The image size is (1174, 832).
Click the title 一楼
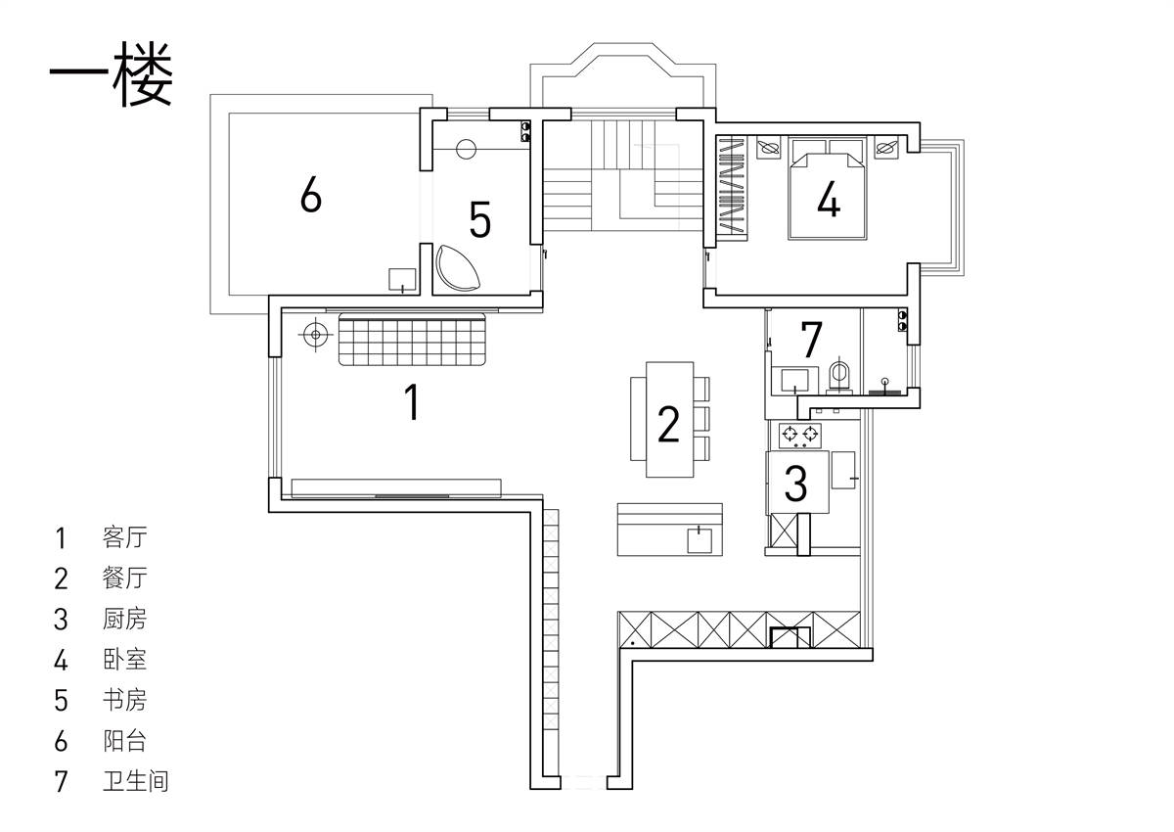pos(112,74)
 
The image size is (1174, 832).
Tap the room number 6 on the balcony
pos(311,194)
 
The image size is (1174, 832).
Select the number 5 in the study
pos(479,219)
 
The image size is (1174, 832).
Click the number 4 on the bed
pos(829,199)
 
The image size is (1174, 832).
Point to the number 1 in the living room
pos(413,401)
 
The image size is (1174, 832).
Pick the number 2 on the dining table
pos(668,424)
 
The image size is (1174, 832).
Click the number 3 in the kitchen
pos(795,483)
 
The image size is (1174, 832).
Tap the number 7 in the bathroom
pos(811,340)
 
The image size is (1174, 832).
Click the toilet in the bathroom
pos(839,374)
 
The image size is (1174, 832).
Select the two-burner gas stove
pos(800,436)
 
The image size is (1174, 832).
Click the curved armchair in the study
pos(457,267)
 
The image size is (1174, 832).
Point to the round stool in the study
pos(466,149)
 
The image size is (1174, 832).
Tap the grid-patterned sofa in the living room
pos(412,339)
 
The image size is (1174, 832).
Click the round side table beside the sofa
pos(315,334)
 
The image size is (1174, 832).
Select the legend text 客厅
pos(125,536)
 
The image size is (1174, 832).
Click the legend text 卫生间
pos(136,781)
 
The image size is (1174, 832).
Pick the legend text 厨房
pos(125,618)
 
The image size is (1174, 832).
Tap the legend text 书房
pos(125,699)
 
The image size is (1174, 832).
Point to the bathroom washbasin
pos(794,380)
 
